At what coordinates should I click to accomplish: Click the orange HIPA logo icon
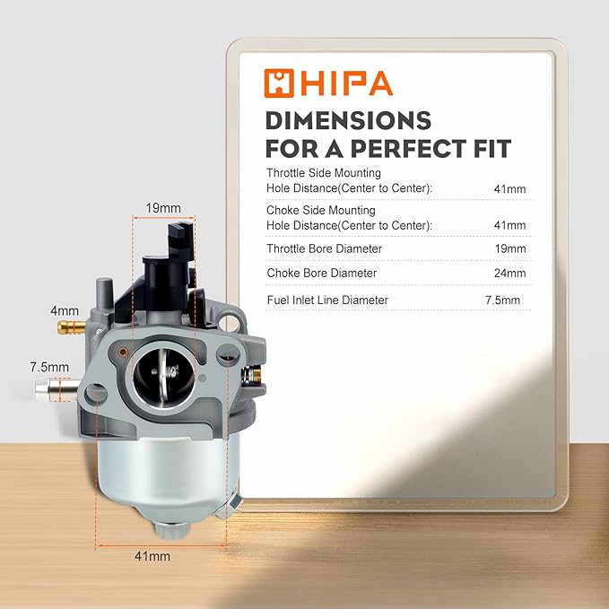(x=278, y=83)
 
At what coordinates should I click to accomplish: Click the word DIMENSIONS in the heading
(x=348, y=120)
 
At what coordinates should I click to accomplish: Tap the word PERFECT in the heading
(x=409, y=148)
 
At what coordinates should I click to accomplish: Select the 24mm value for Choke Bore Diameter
(x=510, y=273)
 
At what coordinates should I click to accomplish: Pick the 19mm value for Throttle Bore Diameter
(x=510, y=248)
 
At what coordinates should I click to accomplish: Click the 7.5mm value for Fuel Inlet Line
(x=502, y=300)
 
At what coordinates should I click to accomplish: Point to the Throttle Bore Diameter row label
(x=325, y=248)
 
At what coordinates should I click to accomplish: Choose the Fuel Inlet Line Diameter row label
(x=327, y=300)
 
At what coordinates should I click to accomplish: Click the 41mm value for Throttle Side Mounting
(x=510, y=188)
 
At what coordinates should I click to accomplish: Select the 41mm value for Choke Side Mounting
(x=510, y=225)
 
